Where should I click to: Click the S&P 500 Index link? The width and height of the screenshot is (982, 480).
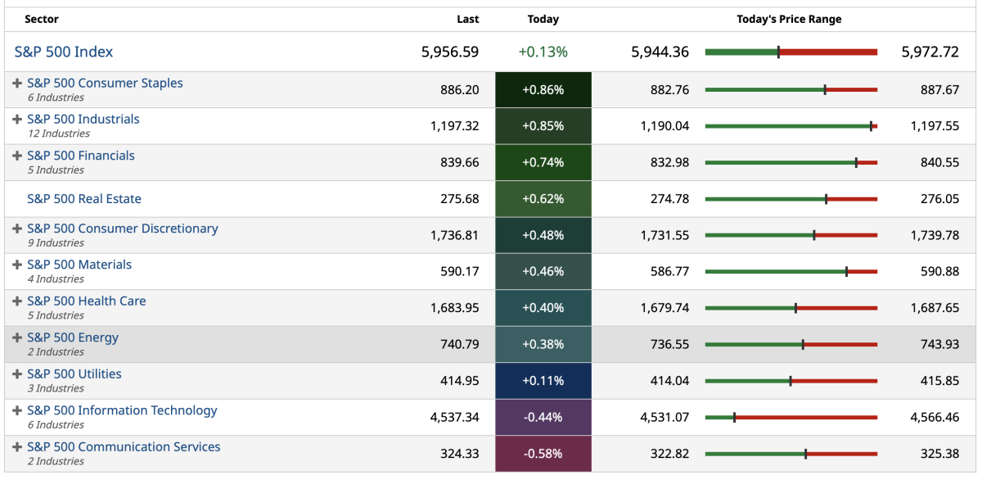click(x=64, y=52)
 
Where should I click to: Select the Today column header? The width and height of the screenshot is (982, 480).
click(x=543, y=19)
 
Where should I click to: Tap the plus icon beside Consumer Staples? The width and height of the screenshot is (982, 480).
click(x=17, y=84)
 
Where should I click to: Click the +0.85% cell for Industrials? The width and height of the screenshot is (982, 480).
click(x=543, y=126)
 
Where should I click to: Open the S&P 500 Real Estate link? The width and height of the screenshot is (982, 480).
click(x=84, y=199)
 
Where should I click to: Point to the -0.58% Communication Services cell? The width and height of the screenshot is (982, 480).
click(x=543, y=453)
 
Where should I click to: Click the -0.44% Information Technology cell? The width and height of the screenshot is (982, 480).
click(x=543, y=417)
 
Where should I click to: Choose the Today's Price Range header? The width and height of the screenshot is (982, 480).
click(x=789, y=19)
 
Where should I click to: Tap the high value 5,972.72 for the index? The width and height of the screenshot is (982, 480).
click(x=930, y=52)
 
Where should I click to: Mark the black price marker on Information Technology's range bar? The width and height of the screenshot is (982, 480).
click(x=735, y=417)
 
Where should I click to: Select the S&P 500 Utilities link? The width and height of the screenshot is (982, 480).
click(x=74, y=374)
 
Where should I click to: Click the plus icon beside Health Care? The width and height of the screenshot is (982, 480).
click(x=17, y=301)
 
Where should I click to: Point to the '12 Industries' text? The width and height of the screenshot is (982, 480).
click(x=59, y=134)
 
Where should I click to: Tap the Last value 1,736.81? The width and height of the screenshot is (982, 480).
click(x=454, y=235)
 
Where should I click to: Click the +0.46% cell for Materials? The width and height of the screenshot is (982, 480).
click(x=543, y=271)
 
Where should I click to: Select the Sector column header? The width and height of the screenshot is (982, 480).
click(x=42, y=19)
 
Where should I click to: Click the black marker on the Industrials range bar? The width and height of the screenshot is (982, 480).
click(x=872, y=126)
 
